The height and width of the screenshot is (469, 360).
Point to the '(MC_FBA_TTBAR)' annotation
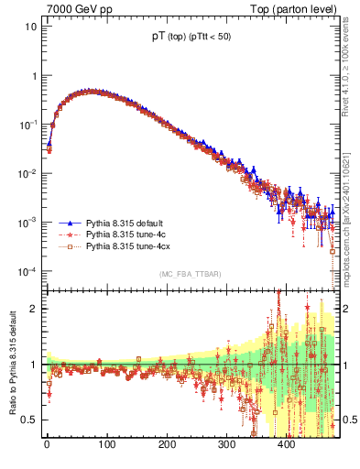coord(191,274)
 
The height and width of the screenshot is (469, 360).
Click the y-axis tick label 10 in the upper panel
coord(31,26)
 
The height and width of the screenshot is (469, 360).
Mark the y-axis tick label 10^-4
coord(27,272)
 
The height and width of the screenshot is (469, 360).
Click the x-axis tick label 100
coord(106,443)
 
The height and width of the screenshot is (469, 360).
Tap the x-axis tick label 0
coord(47,443)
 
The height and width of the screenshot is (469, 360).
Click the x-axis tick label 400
coord(286,443)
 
